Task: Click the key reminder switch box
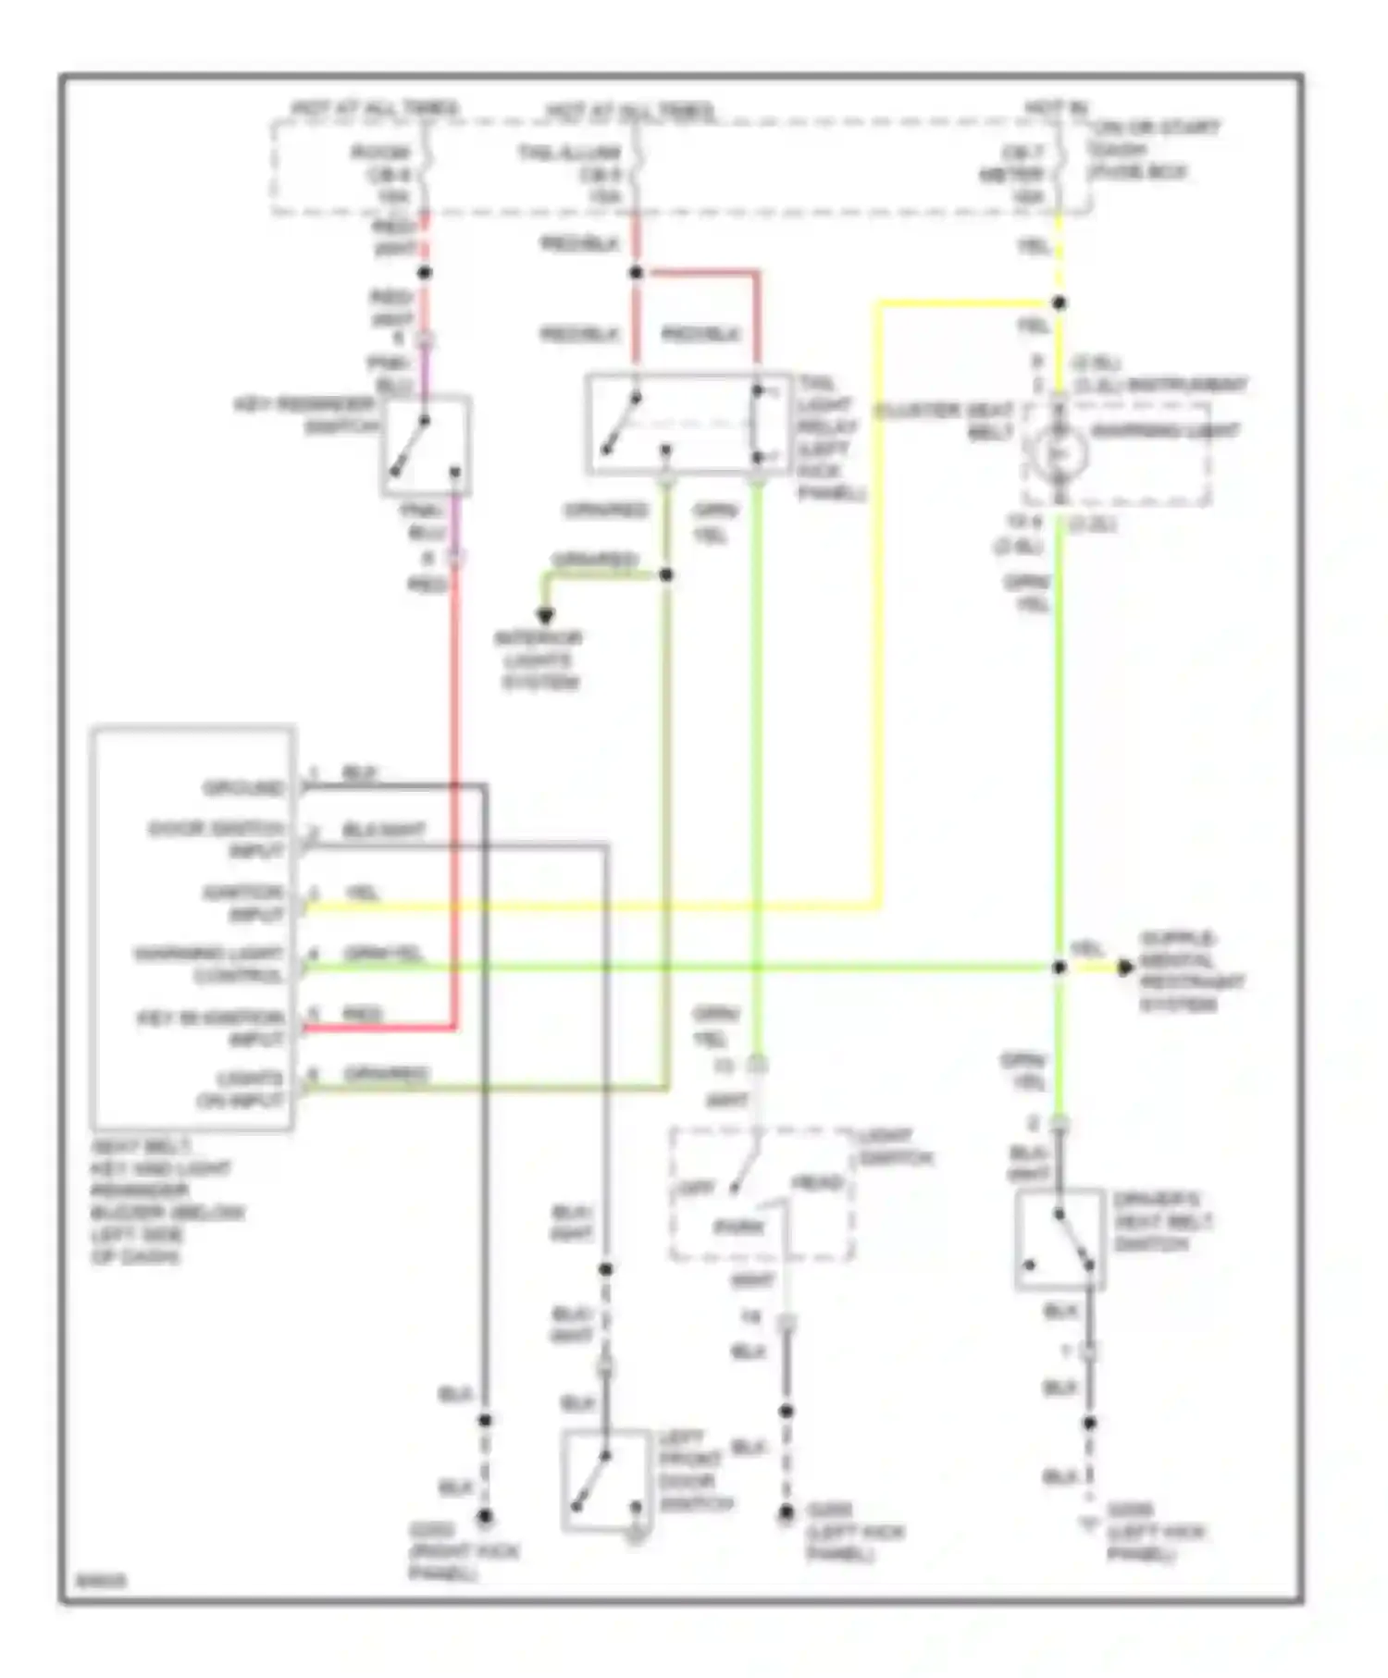426,446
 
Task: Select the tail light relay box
688,424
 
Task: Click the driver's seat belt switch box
1060,1239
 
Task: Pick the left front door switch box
606,1481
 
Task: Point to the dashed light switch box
761,1193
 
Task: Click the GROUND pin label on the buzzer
243,788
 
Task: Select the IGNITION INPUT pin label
244,904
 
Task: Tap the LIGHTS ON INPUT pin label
240,1090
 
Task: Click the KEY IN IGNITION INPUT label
211,1028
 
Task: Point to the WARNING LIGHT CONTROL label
209,965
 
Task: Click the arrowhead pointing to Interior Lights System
545,616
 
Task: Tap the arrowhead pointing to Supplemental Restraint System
1125,968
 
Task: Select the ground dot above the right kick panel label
484,1516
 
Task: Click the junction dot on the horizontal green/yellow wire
1060,968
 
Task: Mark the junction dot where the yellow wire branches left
1060,303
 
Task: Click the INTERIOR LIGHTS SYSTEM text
539,660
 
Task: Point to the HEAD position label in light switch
817,1183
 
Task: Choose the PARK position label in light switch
738,1228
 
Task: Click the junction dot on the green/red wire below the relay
666,575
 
